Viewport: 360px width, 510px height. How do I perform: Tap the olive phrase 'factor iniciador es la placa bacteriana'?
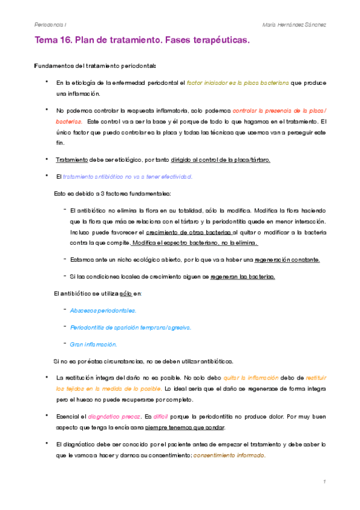click(238, 82)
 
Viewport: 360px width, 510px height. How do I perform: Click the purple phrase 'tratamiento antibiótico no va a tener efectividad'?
click(128, 176)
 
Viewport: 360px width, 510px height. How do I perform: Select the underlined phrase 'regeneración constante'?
click(287, 260)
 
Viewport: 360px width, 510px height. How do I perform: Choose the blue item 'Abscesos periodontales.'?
click(103, 310)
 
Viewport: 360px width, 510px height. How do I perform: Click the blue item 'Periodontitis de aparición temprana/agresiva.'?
click(130, 327)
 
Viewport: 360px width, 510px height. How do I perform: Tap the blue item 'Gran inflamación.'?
click(93, 344)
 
